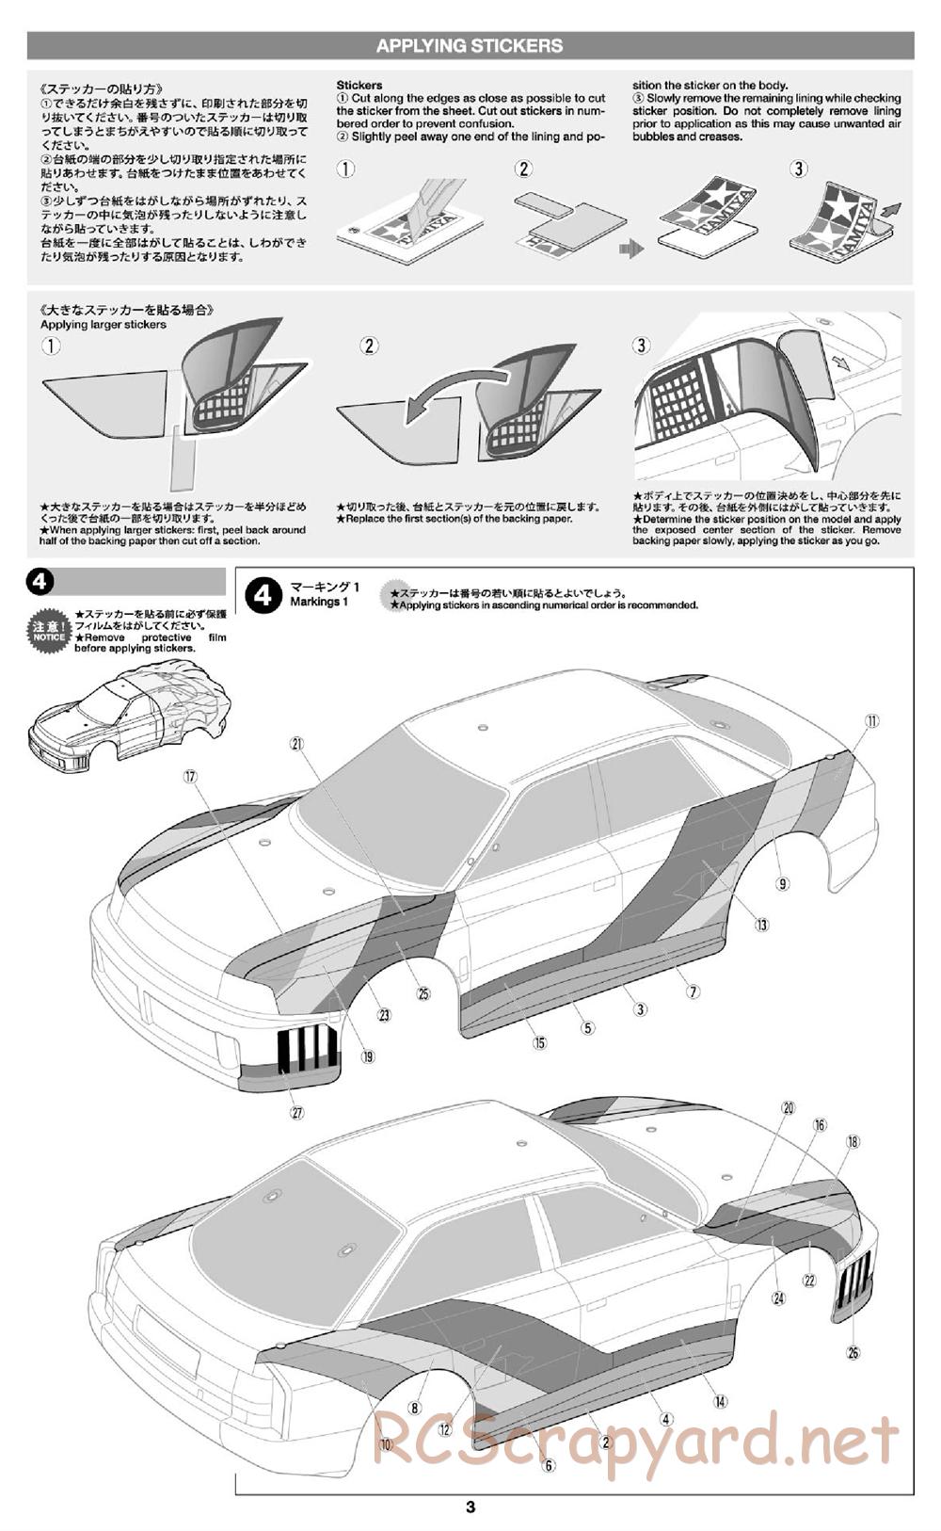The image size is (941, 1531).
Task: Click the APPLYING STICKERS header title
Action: pyautogui.click(x=470, y=45)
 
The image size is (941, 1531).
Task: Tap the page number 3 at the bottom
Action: pyautogui.click(x=470, y=1507)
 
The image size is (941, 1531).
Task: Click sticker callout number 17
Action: pyautogui.click(x=191, y=777)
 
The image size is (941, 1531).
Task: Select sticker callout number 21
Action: pyautogui.click(x=297, y=744)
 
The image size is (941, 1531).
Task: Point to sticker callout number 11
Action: pyautogui.click(x=872, y=721)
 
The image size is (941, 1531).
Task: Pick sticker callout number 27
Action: pyautogui.click(x=297, y=1112)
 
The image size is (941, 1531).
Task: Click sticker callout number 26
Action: pyautogui.click(x=853, y=1353)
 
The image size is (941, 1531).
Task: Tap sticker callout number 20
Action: pyautogui.click(x=789, y=1108)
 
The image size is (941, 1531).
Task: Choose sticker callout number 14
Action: pyautogui.click(x=720, y=1401)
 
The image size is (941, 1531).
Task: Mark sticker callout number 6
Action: pyautogui.click(x=550, y=1464)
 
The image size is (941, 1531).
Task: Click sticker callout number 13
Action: pyautogui.click(x=761, y=925)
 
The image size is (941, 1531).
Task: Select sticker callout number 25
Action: pyautogui.click(x=423, y=992)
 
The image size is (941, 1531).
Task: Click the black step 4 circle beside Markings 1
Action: pyautogui.click(x=263, y=594)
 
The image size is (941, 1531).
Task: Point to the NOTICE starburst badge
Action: pyautogui.click(x=49, y=630)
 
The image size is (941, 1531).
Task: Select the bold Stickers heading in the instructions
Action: pyautogui.click(x=359, y=85)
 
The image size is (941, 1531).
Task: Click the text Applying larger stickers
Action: pyautogui.click(x=104, y=325)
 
